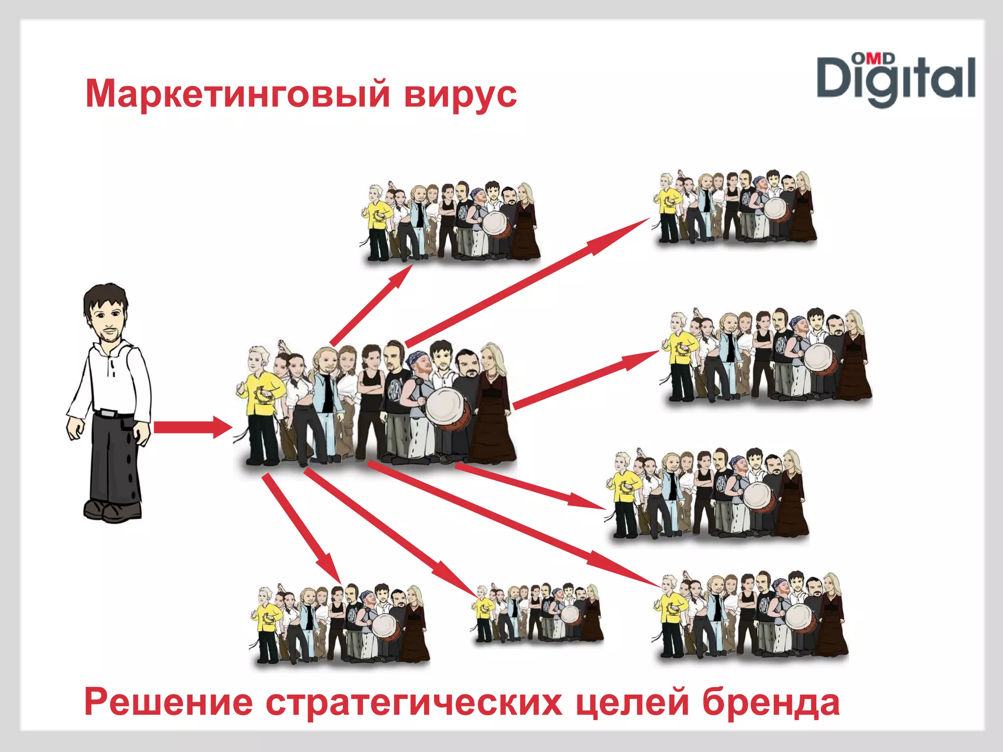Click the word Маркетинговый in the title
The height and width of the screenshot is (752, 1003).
click(x=238, y=94)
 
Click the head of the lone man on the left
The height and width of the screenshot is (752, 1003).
click(x=106, y=313)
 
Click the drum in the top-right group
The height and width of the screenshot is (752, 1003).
click(x=776, y=208)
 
